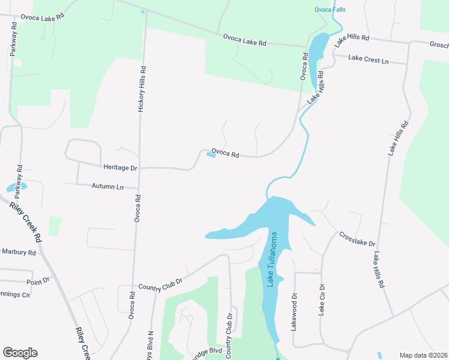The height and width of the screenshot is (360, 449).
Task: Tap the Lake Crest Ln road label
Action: tap(369, 61)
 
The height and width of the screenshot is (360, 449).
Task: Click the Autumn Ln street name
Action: tap(107, 187)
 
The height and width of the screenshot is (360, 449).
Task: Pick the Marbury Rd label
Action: tap(19, 252)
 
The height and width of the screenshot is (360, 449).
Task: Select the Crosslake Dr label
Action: tap(357, 239)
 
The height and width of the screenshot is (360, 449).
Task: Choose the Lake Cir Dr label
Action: tap(322, 299)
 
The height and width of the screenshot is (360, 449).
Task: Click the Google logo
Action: tap(20, 353)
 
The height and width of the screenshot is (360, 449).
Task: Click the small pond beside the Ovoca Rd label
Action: tap(211, 155)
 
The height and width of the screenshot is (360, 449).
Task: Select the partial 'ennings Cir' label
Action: tap(14, 295)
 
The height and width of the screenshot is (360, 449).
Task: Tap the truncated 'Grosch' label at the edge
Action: tap(439, 44)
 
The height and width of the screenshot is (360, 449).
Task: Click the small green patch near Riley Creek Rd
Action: tap(55, 226)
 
